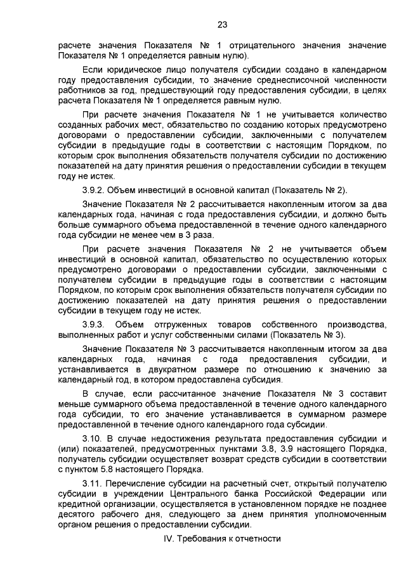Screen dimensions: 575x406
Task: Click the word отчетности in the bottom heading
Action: coord(258,538)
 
